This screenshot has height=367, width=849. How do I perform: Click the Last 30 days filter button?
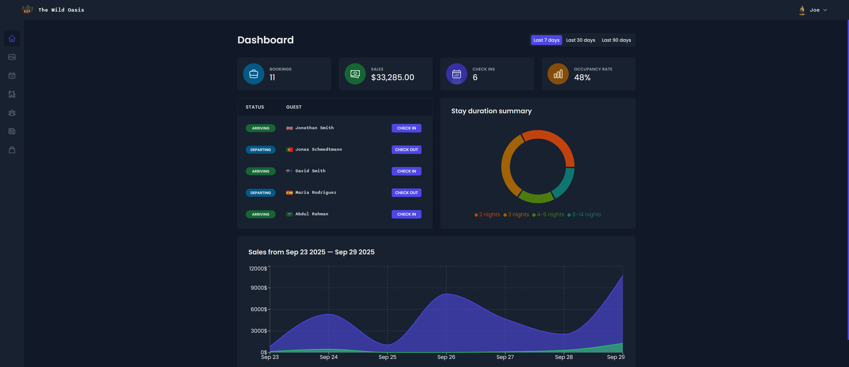pyautogui.click(x=580, y=40)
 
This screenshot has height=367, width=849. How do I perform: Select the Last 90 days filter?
pyautogui.click(x=616, y=40)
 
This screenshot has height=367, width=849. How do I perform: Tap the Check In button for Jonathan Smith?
pyautogui.click(x=406, y=128)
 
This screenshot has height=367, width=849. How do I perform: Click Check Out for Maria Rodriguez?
pyautogui.click(x=406, y=193)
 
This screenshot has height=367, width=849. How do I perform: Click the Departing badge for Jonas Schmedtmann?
pyautogui.click(x=260, y=150)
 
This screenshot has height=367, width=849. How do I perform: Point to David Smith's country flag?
pyautogui.click(x=289, y=171)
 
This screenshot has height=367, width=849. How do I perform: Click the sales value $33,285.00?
pyautogui.click(x=392, y=77)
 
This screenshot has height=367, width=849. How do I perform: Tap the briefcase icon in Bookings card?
pyautogui.click(x=253, y=74)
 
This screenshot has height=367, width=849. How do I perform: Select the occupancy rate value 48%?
pyautogui.click(x=582, y=77)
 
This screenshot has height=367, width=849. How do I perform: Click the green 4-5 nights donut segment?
pyautogui.click(x=536, y=197)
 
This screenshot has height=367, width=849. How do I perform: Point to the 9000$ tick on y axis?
pyautogui.click(x=259, y=288)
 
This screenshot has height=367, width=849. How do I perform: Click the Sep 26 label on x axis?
pyautogui.click(x=446, y=357)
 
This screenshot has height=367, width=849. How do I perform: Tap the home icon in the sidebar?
pyautogui.click(x=12, y=38)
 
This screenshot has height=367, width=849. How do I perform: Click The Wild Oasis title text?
pyautogui.click(x=61, y=10)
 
